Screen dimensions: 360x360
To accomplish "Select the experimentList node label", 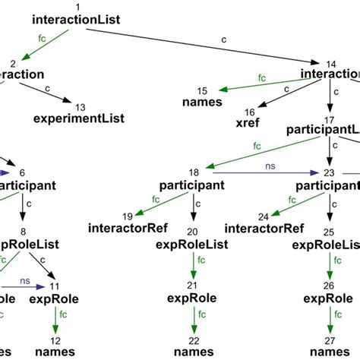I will click(81, 118).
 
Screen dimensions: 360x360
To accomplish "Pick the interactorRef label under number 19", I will click(125, 227).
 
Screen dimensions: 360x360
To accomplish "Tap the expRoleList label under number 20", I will click(191, 245).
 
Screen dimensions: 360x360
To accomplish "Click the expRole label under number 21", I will click(191, 298).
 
